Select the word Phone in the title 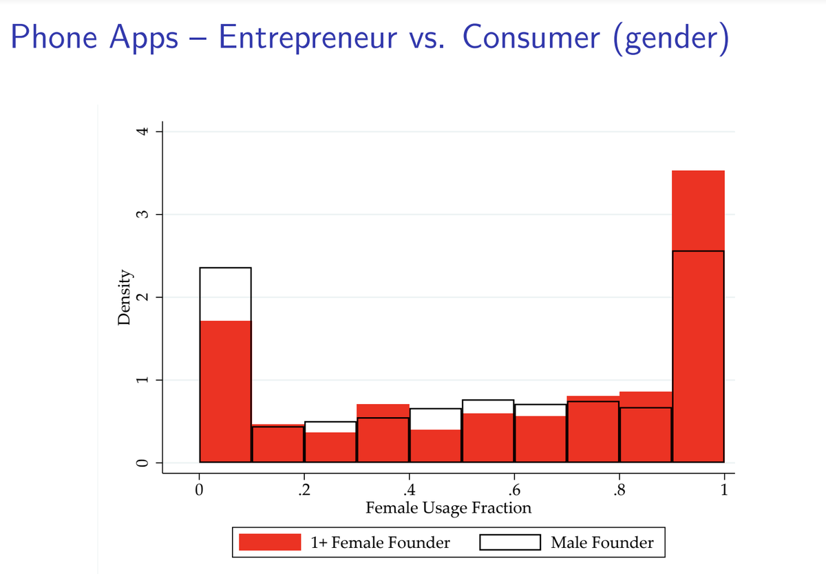pyautogui.click(x=56, y=38)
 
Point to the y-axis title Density pyautogui.click(x=125, y=297)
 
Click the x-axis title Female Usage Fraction pyautogui.click(x=449, y=508)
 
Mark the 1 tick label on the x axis pyautogui.click(x=724, y=490)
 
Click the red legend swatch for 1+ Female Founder pyautogui.click(x=269, y=542)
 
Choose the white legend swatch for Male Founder pyautogui.click(x=509, y=542)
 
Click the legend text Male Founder pyautogui.click(x=602, y=542)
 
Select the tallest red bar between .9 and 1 pyautogui.click(x=698, y=317)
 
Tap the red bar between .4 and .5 pyautogui.click(x=435, y=446)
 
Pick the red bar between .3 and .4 pyautogui.click(x=383, y=434)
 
